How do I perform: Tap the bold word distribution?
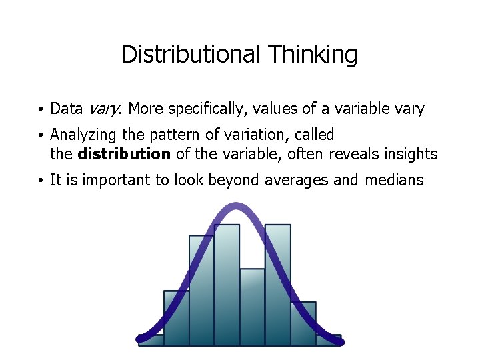[x=124, y=155]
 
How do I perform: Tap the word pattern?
[x=175, y=135]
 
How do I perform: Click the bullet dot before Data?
[x=41, y=109]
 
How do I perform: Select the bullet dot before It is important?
[x=41, y=181]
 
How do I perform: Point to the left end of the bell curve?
[x=140, y=339]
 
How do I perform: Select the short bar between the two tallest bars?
[x=252, y=307]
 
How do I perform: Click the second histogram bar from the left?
[x=176, y=318]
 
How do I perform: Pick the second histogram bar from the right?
[x=303, y=323]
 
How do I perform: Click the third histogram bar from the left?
[x=201, y=290]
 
